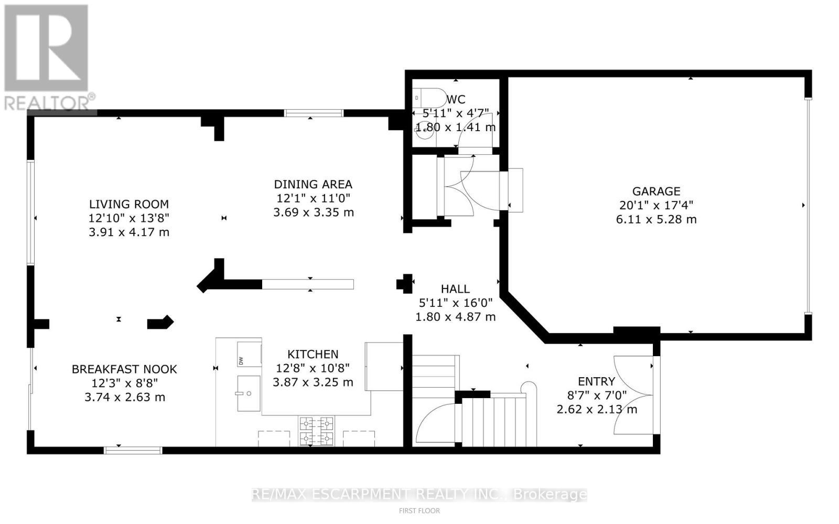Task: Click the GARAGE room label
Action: click(656, 191)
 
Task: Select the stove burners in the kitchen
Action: click(316, 430)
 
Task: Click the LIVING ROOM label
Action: click(128, 204)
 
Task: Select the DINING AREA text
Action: click(313, 184)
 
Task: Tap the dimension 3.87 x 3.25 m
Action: click(313, 382)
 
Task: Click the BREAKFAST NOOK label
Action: click(124, 369)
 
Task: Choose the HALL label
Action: click(455, 289)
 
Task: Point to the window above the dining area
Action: click(314, 113)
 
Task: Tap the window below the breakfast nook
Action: click(133, 450)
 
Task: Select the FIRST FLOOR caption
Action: click(419, 510)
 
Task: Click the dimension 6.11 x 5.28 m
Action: click(656, 219)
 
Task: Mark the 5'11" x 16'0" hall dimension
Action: click(455, 303)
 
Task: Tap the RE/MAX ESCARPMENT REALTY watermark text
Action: click(419, 494)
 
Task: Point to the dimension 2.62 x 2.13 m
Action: click(597, 409)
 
